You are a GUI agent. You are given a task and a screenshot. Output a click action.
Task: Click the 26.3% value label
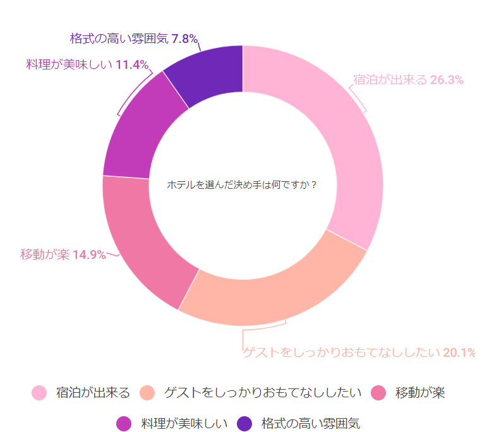(x=447, y=80)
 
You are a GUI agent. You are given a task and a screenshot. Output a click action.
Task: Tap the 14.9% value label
(x=89, y=255)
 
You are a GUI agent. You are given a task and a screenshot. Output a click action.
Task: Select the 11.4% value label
(x=131, y=64)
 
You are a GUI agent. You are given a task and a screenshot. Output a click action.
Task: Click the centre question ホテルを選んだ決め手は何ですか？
(x=242, y=185)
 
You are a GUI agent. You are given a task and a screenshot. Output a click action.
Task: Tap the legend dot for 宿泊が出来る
(x=39, y=393)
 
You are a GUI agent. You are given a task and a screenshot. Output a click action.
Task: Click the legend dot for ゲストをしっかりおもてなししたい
(x=147, y=393)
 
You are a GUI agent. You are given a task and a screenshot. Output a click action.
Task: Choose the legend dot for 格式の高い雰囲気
(x=244, y=423)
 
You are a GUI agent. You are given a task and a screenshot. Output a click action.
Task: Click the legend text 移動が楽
(x=420, y=393)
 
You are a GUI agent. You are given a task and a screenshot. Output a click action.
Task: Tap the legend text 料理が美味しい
(x=184, y=423)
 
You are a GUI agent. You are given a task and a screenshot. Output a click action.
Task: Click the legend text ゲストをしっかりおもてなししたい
(x=262, y=393)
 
